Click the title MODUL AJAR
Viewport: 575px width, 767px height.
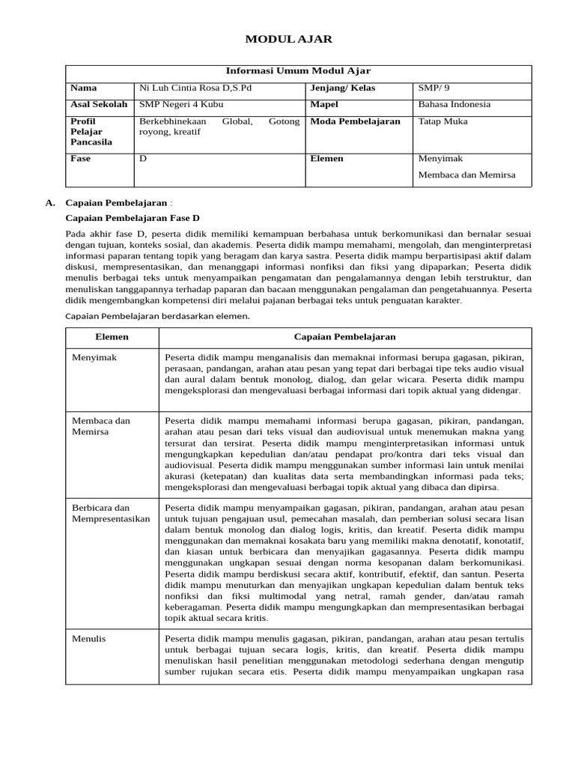pos(289,39)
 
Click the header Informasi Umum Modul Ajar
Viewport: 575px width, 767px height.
pos(298,71)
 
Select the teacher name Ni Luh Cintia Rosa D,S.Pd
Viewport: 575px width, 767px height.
pos(190,88)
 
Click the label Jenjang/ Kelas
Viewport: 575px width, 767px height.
pos(342,88)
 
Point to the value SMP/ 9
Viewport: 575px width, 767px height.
pos(435,88)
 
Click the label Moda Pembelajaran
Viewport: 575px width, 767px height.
pos(355,121)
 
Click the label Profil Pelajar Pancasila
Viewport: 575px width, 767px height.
pos(91,131)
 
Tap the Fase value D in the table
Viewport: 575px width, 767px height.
pos(143,159)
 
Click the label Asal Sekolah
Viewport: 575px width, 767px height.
pos(98,105)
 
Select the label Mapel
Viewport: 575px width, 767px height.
pos(324,105)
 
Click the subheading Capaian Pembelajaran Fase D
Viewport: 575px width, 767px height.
pos(133,218)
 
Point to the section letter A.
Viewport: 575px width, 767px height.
pos(50,202)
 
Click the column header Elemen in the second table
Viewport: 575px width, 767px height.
pos(112,337)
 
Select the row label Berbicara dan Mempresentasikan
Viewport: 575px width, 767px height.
pos(111,512)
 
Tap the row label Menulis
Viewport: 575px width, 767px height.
pos(88,639)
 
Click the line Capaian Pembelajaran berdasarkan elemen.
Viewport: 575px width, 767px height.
pos(157,316)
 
